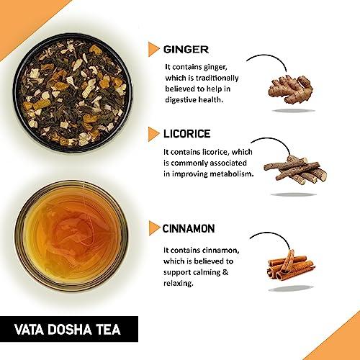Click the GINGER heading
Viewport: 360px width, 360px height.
[186, 50]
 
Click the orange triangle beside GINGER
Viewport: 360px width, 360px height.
[153, 50]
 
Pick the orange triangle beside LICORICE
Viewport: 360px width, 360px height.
[153, 134]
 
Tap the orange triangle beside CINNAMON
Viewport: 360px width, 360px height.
[153, 229]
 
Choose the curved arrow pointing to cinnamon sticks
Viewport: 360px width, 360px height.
[265, 236]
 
